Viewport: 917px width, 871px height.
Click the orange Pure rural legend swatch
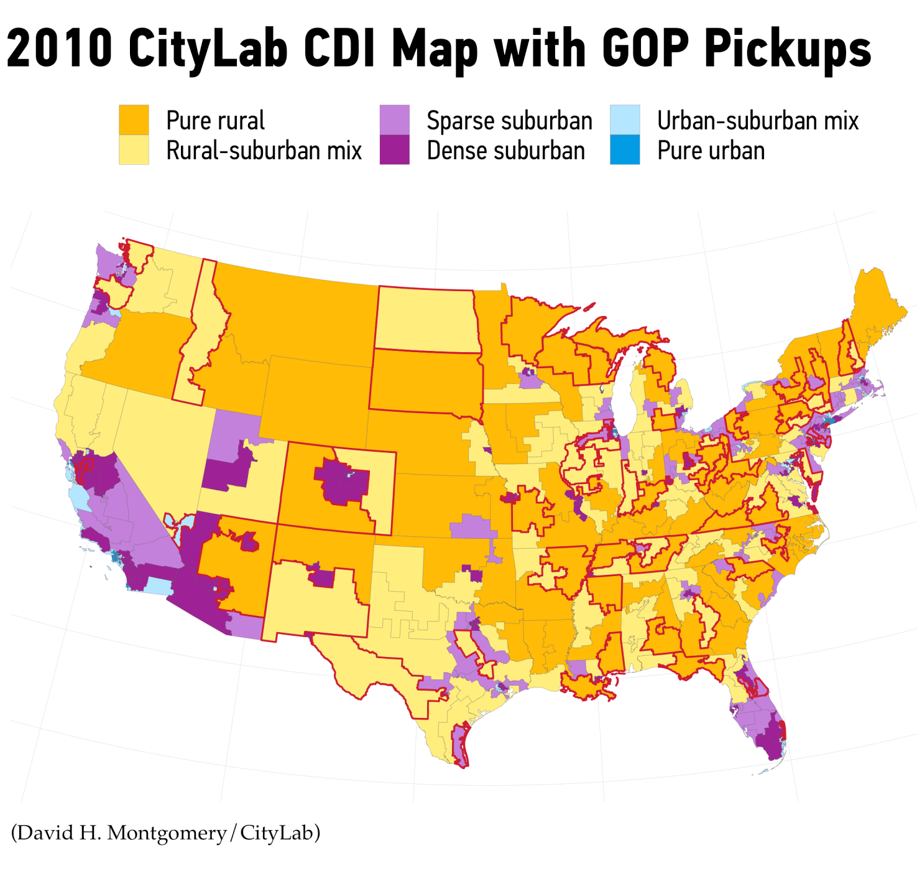pyautogui.click(x=134, y=119)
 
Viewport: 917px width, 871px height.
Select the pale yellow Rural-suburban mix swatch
pyautogui.click(x=134, y=150)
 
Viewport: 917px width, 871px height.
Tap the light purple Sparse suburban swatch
pyautogui.click(x=394, y=119)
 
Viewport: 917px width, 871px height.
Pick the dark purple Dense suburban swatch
pyautogui.click(x=394, y=150)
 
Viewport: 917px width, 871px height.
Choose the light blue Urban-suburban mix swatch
pyautogui.click(x=625, y=119)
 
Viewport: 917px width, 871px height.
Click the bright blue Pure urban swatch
pyautogui.click(x=625, y=150)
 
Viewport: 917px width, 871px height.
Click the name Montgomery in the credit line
pyautogui.click(x=167, y=832)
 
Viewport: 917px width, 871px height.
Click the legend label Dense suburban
pyautogui.click(x=505, y=151)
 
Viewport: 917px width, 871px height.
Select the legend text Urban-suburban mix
pyautogui.click(x=757, y=120)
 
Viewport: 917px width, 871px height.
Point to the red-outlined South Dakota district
pyautogui.click(x=426, y=381)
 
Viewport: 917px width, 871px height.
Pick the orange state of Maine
pyautogui.click(x=877, y=305)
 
